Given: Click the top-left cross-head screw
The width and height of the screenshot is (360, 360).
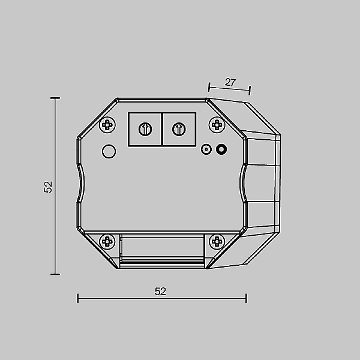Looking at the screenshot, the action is point(107,125).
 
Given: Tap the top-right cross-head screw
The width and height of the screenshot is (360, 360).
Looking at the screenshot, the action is point(217,125).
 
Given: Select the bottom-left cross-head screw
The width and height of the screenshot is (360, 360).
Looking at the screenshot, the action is point(107,242).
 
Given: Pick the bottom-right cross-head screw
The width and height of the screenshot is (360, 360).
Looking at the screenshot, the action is point(217,242).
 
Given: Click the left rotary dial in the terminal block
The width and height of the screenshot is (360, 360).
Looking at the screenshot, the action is point(145,129).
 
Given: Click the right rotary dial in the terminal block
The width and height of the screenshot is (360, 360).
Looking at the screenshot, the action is point(179,129).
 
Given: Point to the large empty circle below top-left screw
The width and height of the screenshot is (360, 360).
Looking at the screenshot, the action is point(109,151).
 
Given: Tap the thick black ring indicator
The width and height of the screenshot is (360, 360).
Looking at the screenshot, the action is point(221,149).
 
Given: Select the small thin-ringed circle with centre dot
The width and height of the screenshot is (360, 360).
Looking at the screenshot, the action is point(206,149).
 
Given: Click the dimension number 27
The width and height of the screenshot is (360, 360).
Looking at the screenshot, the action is point(230,82).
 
